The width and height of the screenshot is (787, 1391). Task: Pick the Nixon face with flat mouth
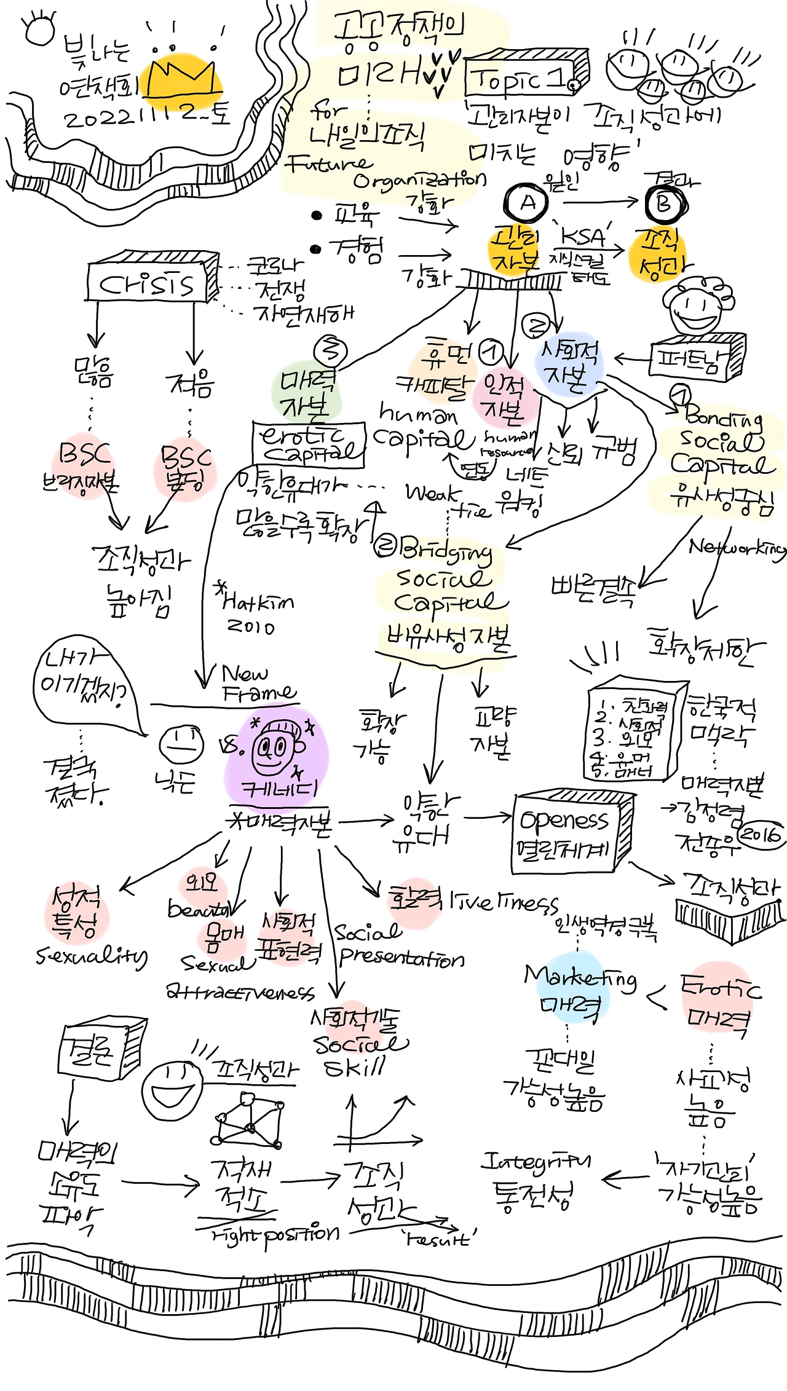click(181, 743)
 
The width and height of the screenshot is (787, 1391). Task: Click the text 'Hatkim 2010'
click(255, 612)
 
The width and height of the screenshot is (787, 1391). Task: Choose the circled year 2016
click(760, 834)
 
